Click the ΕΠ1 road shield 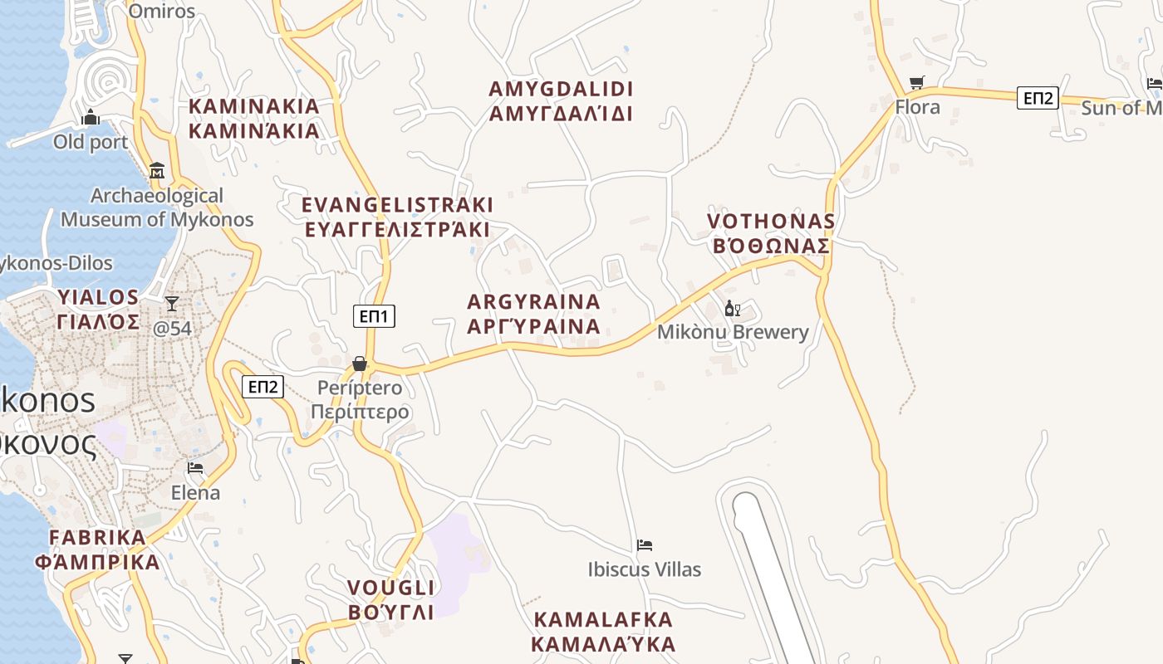click(374, 316)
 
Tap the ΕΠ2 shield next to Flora click(1038, 98)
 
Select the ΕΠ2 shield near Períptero click(263, 387)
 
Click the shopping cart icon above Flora click(916, 82)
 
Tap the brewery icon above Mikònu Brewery click(732, 309)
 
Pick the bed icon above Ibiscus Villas click(644, 545)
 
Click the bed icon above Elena click(195, 468)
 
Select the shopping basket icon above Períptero click(360, 364)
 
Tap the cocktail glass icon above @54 click(172, 304)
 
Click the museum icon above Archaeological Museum click(157, 172)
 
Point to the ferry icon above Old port click(91, 118)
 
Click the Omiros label click(162, 11)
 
